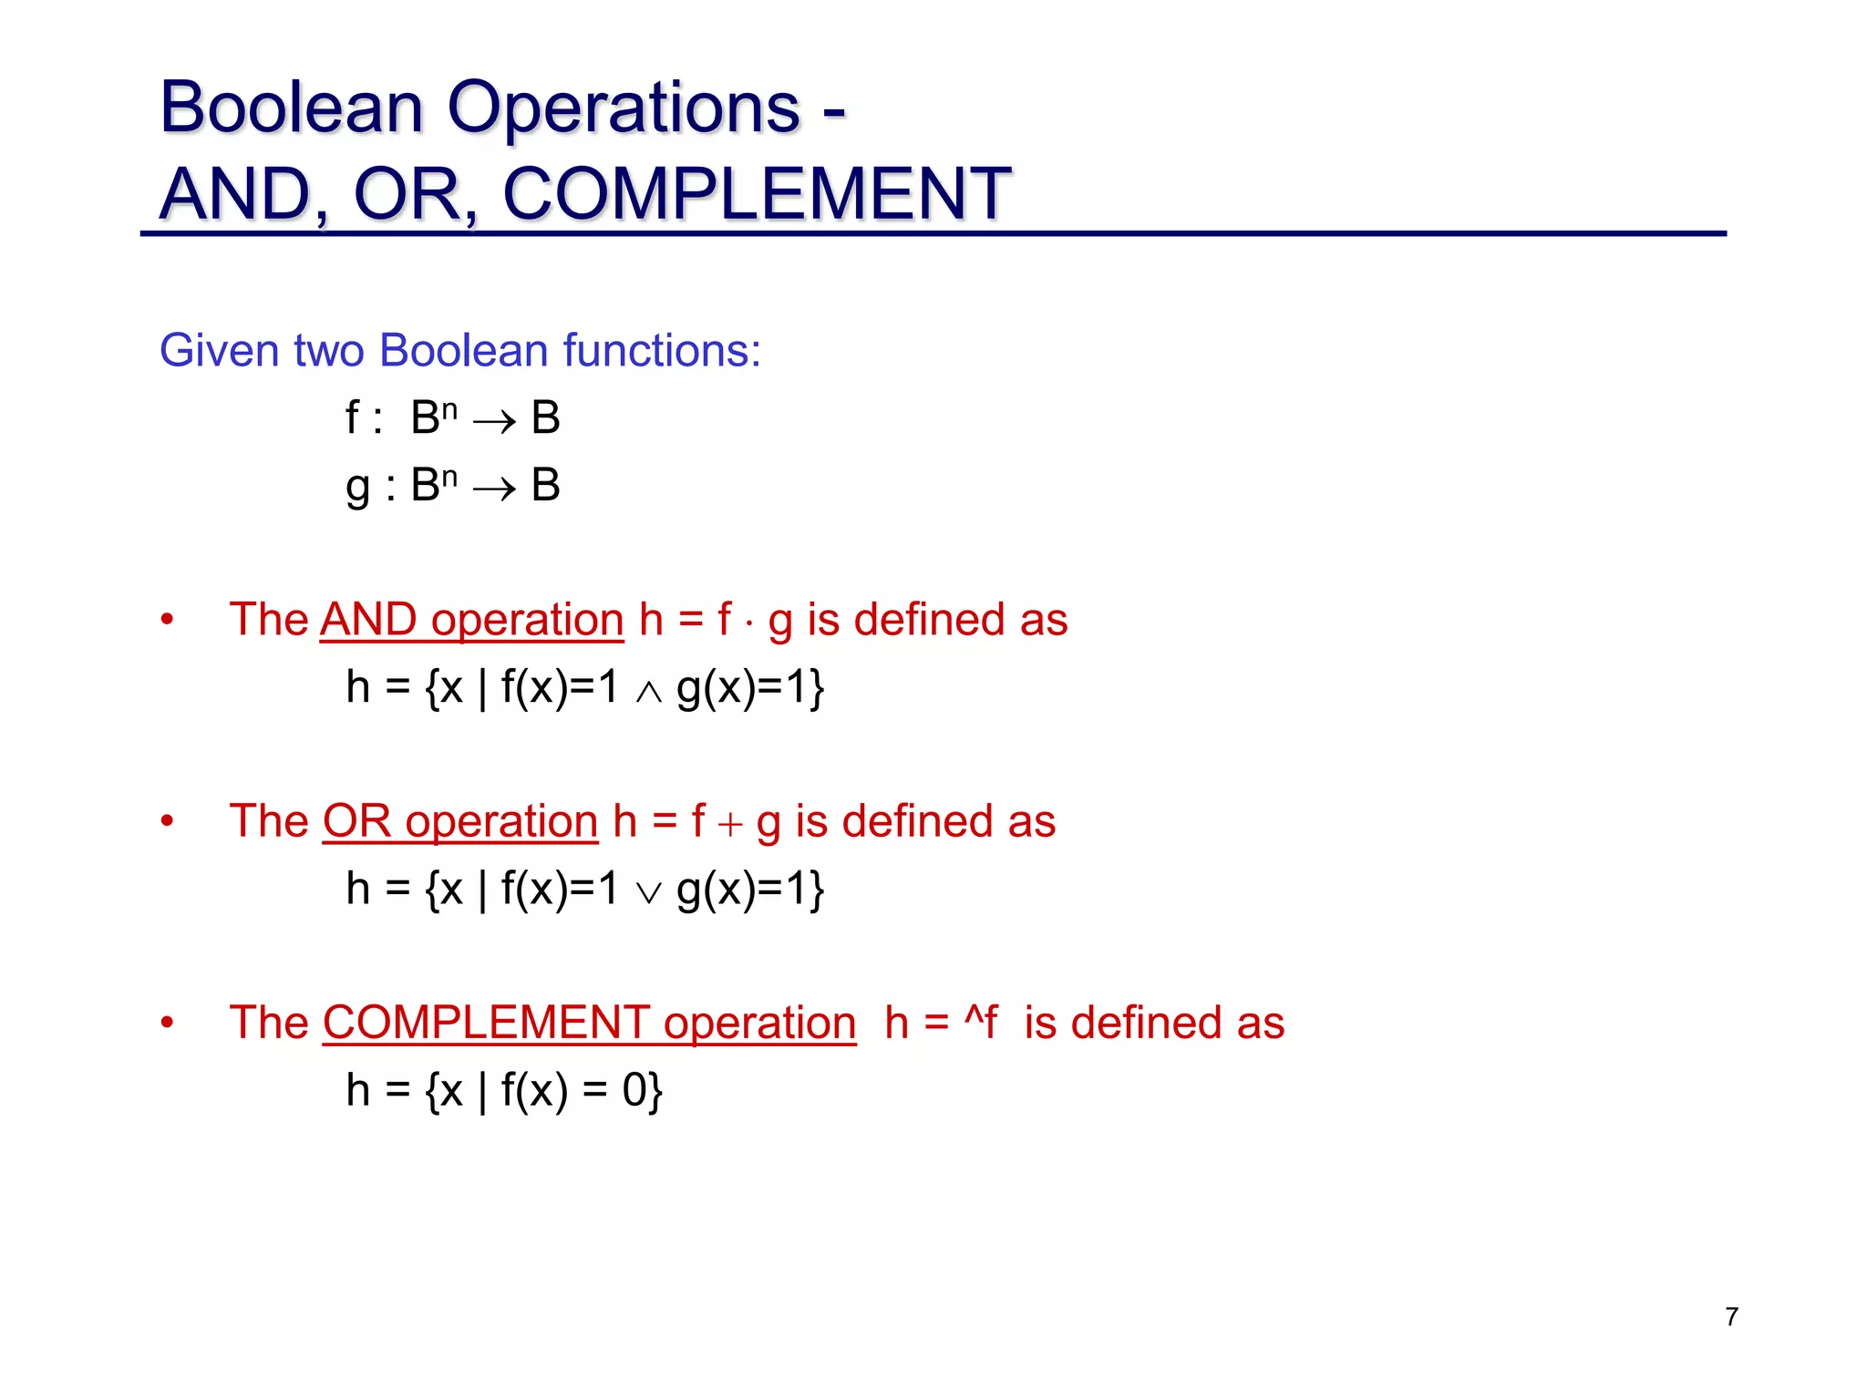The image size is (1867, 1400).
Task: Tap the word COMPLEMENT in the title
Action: (x=757, y=194)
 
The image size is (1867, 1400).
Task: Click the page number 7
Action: (x=1731, y=1316)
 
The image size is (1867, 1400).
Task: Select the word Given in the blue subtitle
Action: (x=217, y=350)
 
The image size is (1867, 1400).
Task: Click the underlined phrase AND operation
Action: (x=471, y=620)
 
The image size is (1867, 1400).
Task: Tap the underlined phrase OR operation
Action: (x=460, y=821)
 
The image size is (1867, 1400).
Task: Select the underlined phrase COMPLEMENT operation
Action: (x=589, y=1023)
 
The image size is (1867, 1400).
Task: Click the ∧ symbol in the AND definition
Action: (x=648, y=693)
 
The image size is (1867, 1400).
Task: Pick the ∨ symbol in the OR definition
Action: (x=648, y=894)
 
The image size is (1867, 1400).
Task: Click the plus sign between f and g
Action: (x=730, y=825)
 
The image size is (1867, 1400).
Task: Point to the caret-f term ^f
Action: (x=981, y=1023)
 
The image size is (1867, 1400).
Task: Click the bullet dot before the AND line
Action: (x=167, y=621)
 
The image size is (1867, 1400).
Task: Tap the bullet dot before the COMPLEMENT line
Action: (x=167, y=1024)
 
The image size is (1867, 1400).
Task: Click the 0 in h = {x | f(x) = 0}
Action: (x=634, y=1090)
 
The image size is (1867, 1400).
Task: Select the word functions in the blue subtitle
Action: (x=662, y=350)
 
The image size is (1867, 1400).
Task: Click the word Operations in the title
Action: (x=624, y=108)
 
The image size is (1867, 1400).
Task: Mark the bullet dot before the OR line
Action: (x=167, y=822)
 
